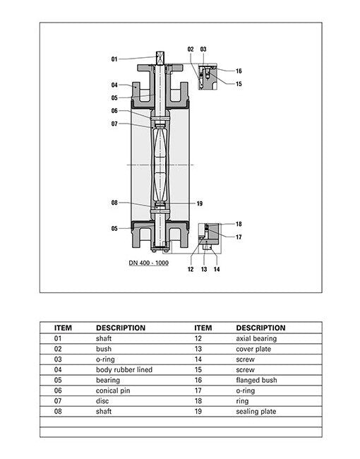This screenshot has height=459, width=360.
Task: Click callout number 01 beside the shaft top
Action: [x=114, y=59]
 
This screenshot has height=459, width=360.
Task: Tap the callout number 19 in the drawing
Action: [x=200, y=203]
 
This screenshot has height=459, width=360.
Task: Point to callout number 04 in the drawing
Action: [x=114, y=85]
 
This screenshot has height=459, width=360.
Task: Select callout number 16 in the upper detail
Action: [x=239, y=71]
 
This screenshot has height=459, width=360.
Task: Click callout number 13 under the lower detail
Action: [x=203, y=269]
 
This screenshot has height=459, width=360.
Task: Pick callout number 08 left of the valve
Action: [x=114, y=203]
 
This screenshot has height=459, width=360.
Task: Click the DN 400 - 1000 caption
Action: [x=148, y=263]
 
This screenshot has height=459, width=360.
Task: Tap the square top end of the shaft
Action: [x=160, y=55]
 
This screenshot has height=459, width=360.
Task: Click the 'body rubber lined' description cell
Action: [x=124, y=370]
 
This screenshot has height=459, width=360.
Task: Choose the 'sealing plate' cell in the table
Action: [x=256, y=411]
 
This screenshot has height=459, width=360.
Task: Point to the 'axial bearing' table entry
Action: [x=256, y=339]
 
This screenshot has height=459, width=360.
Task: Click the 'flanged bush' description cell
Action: [x=256, y=380]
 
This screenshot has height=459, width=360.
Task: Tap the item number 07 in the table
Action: [x=59, y=401]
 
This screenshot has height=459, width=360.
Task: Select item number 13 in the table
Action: [x=198, y=350]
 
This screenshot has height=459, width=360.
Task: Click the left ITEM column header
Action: [x=64, y=328]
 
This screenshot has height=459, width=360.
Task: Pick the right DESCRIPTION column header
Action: [x=260, y=328]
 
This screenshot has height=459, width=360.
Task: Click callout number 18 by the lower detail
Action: [x=239, y=224]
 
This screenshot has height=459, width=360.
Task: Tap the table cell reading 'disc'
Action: [x=102, y=401]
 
